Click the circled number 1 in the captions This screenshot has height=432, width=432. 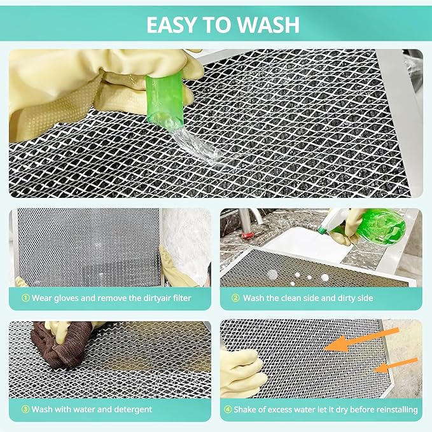pos(25,298)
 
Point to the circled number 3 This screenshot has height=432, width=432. pos(25,409)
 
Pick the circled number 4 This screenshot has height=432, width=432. pos(227,409)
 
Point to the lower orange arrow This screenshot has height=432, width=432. pos(394,365)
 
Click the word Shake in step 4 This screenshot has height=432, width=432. pos(247,409)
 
